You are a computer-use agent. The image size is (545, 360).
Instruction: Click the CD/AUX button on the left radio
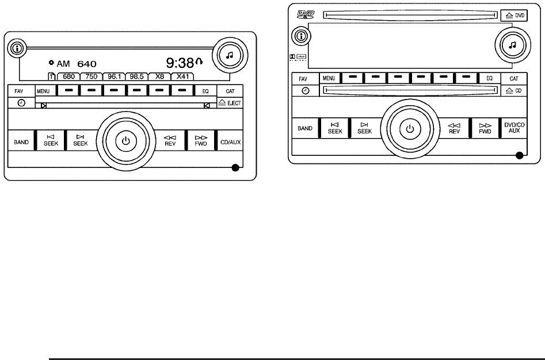tap(230, 141)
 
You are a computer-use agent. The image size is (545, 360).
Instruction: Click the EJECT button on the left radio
tap(230, 102)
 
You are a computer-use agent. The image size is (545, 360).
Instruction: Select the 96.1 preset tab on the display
tap(113, 76)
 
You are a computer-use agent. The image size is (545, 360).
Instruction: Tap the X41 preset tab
tap(182, 76)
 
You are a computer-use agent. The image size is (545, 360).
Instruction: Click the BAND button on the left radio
tap(22, 141)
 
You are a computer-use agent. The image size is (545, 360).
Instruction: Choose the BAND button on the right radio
tap(305, 128)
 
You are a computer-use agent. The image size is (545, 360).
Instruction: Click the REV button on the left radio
tap(169, 141)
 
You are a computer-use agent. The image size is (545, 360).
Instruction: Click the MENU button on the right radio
tap(329, 78)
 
